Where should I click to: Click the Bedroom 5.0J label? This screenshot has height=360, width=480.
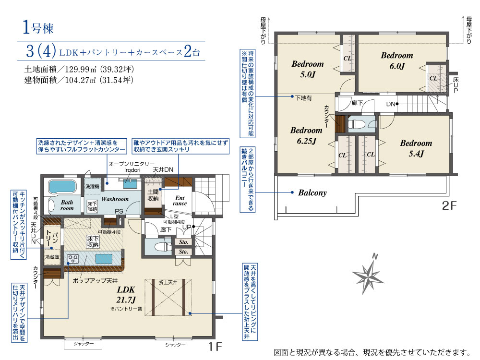pyautogui.click(x=308, y=69)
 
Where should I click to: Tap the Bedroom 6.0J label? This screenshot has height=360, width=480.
pyautogui.click(x=397, y=60)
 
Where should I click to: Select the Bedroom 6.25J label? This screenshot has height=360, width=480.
pyautogui.click(x=306, y=135)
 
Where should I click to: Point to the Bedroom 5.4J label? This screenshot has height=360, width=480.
pyautogui.click(x=416, y=148)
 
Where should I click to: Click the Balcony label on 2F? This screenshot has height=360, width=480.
pyautogui.click(x=312, y=192)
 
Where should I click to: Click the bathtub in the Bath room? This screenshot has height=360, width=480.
pyautogui.click(x=62, y=186)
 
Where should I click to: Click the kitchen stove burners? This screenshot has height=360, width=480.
pyautogui.click(x=73, y=259)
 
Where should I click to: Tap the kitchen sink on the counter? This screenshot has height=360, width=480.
pyautogui.click(x=104, y=259)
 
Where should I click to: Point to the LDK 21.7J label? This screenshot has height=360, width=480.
pyautogui.click(x=126, y=295)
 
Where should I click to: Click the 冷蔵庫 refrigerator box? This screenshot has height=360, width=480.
pyautogui.click(x=52, y=257)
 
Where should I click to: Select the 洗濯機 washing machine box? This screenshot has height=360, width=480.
pyautogui.click(x=92, y=186)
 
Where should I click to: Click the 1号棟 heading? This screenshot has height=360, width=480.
pyautogui.click(x=38, y=27)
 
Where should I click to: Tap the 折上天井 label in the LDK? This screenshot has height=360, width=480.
pyautogui.click(x=168, y=283)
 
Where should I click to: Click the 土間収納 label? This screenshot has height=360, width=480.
pyautogui.click(x=153, y=195)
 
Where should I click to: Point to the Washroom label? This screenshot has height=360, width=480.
pyautogui.click(x=115, y=199)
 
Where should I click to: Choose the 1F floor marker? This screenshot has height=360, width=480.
pyautogui.click(x=215, y=346)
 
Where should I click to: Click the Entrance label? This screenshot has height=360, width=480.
pyautogui.click(x=180, y=201)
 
